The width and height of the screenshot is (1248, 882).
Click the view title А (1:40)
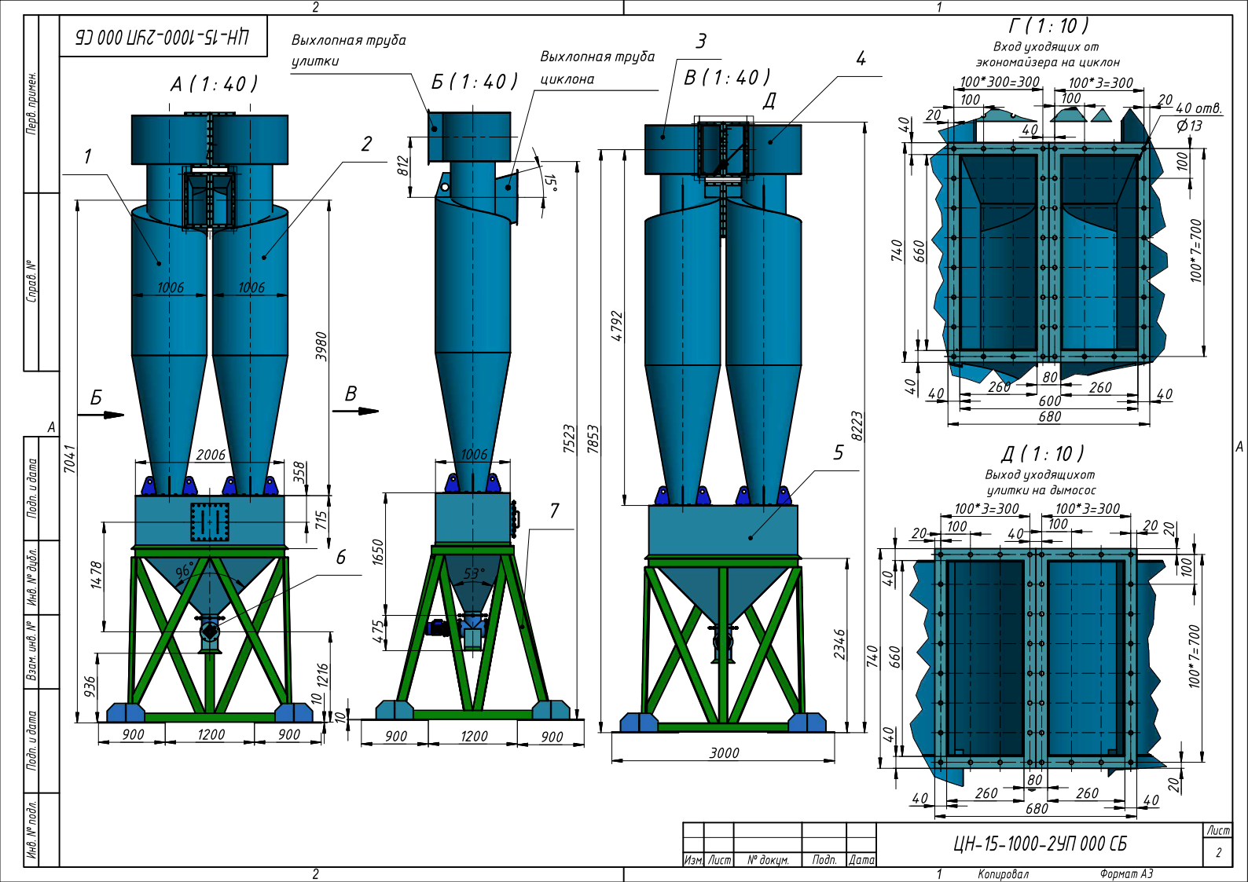[x=214, y=84]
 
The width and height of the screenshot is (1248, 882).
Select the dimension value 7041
[x=70, y=459]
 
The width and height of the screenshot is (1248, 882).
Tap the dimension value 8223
[x=857, y=426]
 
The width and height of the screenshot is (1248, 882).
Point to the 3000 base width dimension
[x=724, y=753]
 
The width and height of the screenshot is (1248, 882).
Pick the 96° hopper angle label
[x=185, y=571]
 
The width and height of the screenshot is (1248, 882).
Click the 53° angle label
[x=474, y=573]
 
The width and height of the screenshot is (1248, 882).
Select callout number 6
[x=340, y=557]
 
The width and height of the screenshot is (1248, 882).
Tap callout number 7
[x=554, y=511]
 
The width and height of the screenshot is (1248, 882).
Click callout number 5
[x=839, y=452]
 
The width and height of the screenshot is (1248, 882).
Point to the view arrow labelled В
[x=355, y=411]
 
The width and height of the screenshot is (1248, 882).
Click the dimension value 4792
[x=617, y=326]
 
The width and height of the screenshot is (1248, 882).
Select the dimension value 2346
[x=839, y=644]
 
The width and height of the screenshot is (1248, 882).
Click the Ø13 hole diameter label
[x=1189, y=126]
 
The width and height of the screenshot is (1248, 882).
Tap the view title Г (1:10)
[x=1048, y=26]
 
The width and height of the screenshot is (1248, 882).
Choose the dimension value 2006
[x=211, y=455]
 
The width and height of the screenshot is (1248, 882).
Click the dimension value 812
[x=403, y=166]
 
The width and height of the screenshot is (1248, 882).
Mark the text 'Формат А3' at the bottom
[x=1126, y=874]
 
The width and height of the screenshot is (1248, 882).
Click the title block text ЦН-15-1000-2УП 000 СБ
[x=1040, y=844]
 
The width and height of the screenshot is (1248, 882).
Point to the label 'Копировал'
[x=1003, y=874]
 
